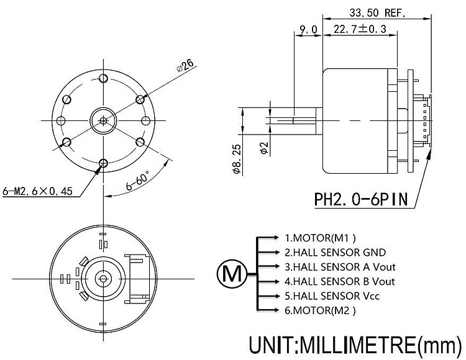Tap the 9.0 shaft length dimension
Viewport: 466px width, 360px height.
308,29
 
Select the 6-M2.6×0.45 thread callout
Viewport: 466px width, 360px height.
38,191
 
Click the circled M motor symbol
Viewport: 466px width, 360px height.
232,273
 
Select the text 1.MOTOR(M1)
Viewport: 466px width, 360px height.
321,237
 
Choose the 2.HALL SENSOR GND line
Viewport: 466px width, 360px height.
335,252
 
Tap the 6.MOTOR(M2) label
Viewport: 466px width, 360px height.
321,310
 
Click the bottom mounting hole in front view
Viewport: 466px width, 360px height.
103,163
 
